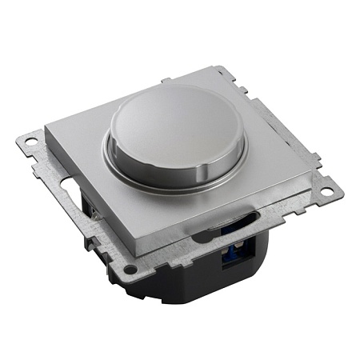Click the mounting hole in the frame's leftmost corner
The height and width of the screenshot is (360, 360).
pos(30,142)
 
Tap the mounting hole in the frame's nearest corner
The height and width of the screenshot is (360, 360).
pos(130,269)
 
